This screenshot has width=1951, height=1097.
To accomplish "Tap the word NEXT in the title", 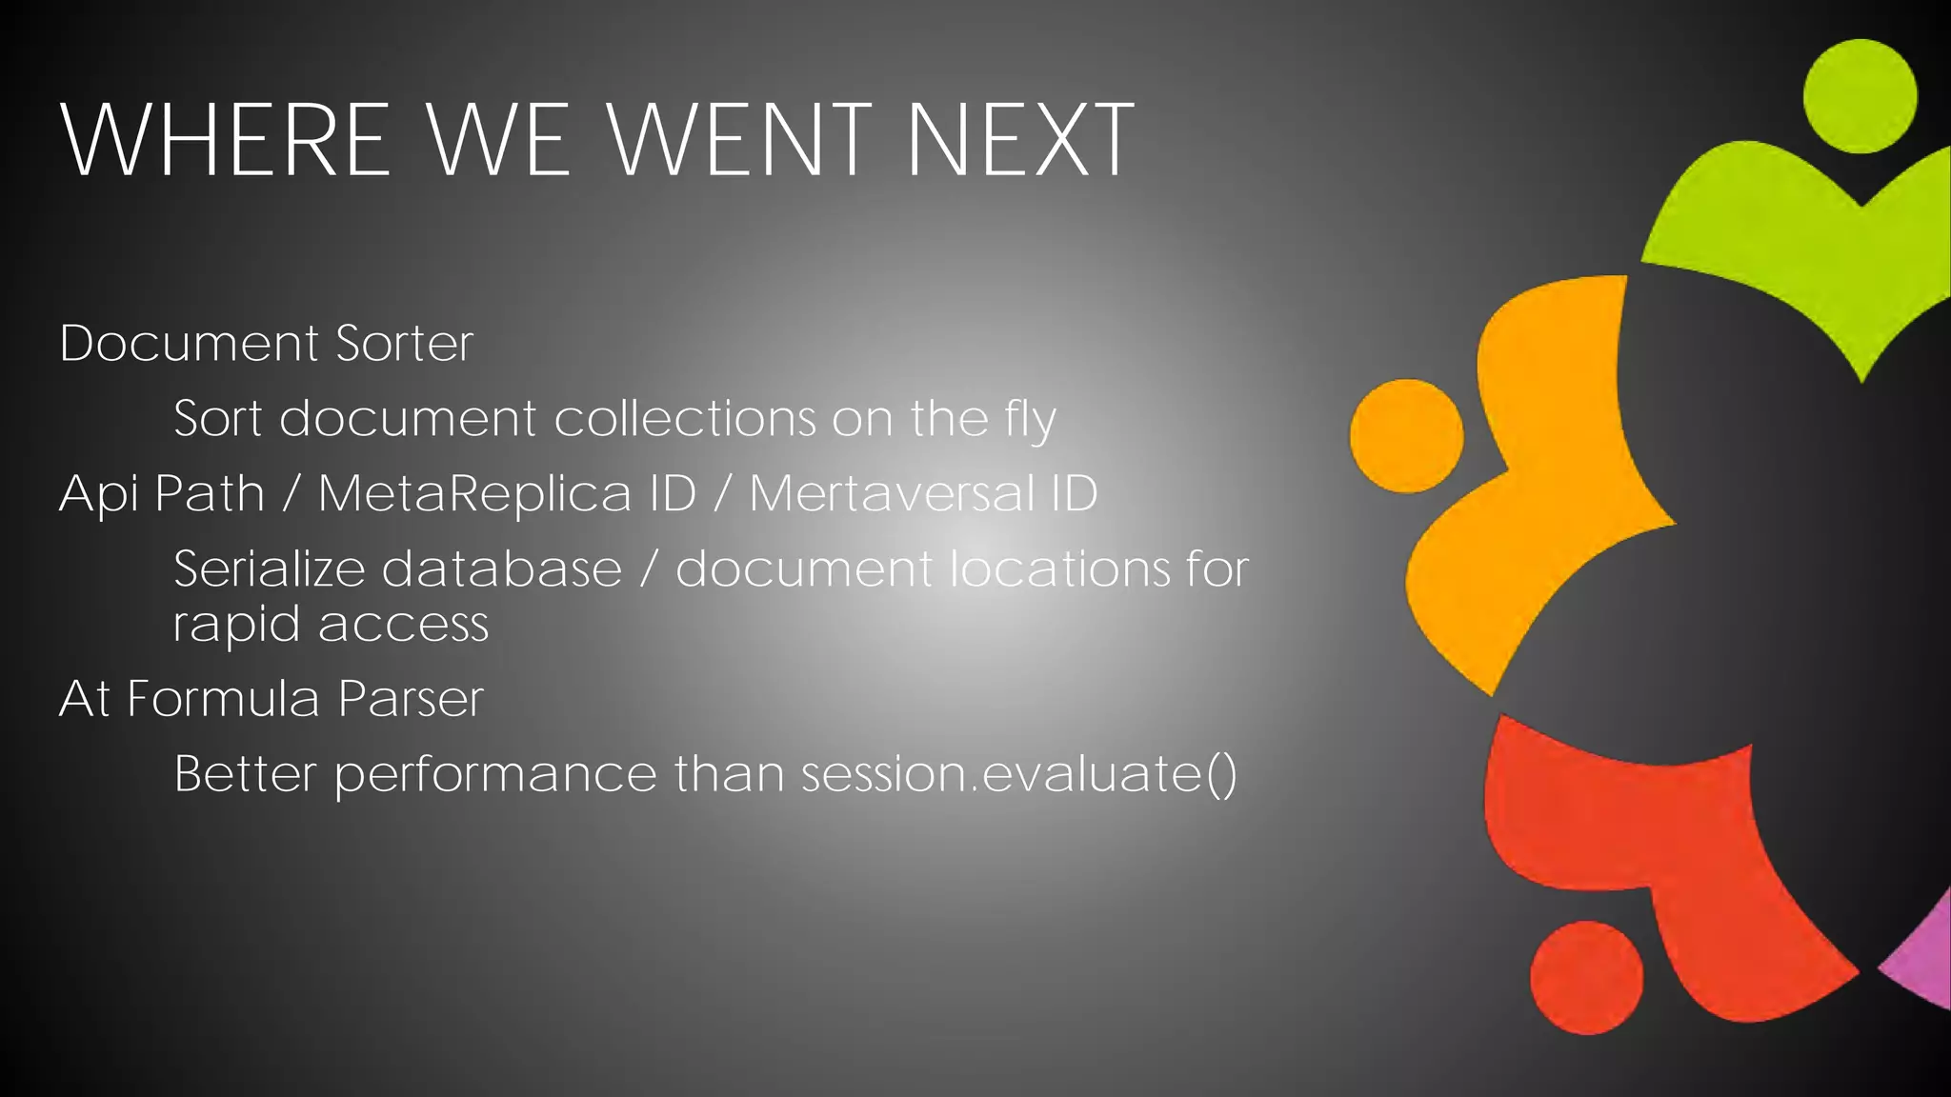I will point(1019,141).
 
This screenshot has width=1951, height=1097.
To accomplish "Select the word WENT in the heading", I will point(739,141).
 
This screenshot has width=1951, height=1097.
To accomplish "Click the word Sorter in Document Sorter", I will point(404,344).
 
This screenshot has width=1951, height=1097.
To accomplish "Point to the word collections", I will point(684,419).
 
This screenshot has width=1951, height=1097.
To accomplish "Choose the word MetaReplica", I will point(473,494).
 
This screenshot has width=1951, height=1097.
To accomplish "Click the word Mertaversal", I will point(892,494).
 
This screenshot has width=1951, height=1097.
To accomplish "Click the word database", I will point(502,569).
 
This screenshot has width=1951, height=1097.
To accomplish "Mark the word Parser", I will point(411,699).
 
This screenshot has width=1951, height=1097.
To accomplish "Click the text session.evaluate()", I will point(1018,773).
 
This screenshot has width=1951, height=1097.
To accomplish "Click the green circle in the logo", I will point(1860,96).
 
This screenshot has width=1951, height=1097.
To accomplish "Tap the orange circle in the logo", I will point(1406,436).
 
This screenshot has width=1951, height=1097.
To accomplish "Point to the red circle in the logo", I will point(1586,977).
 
